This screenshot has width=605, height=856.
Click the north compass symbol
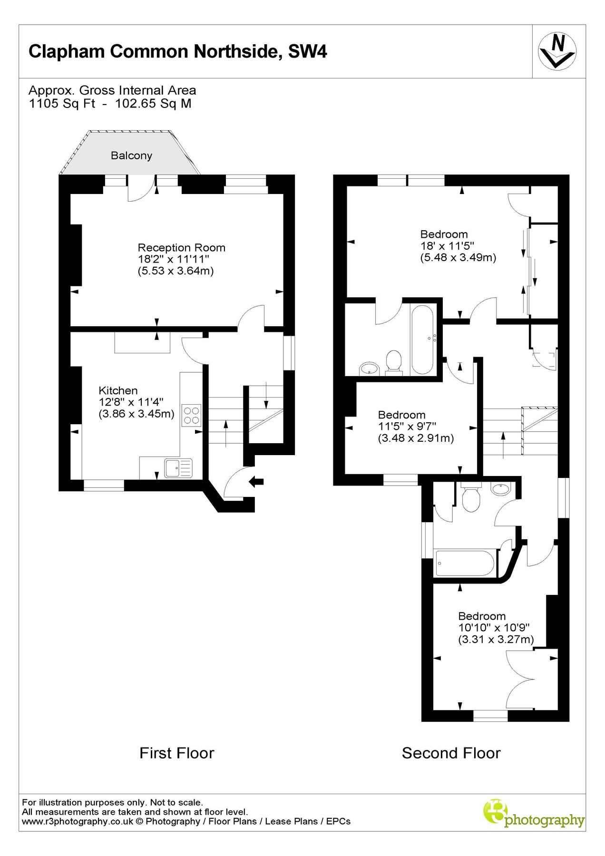click(557, 51)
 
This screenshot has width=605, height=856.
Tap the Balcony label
click(131, 156)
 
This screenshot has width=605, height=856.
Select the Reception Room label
click(181, 248)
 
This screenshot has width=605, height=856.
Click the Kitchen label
click(118, 390)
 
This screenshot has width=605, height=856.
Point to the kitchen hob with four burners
click(192, 415)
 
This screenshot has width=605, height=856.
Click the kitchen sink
click(178, 468)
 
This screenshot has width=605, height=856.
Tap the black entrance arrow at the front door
click(256, 481)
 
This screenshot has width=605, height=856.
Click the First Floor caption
click(176, 753)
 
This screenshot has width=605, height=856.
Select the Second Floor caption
click(451, 753)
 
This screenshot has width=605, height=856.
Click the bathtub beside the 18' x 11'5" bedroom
click(422, 339)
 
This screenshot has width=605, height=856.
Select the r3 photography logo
click(534, 816)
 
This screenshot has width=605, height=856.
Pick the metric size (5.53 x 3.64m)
click(176, 271)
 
